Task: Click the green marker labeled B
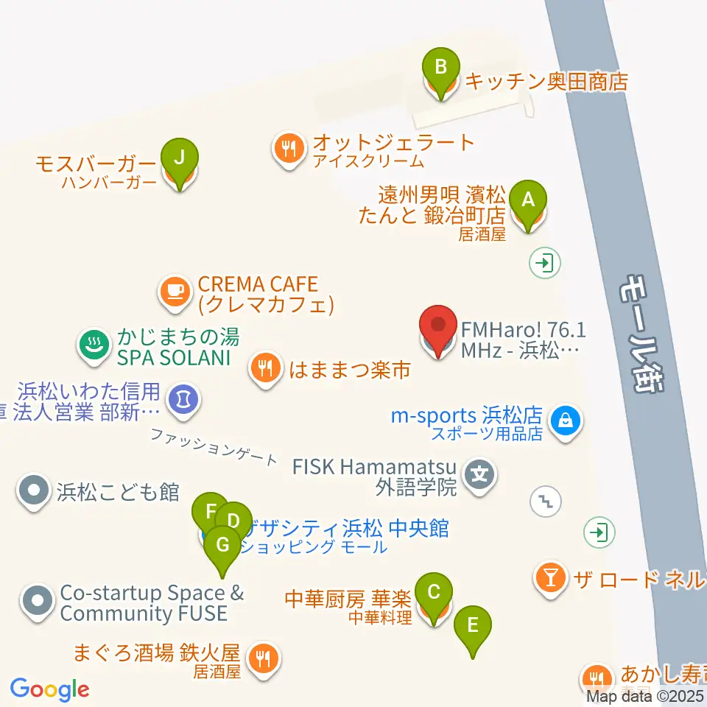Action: tap(440, 68)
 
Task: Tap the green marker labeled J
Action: tap(179, 156)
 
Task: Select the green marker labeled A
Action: tap(527, 199)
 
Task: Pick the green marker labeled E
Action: tap(473, 626)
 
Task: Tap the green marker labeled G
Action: tap(222, 545)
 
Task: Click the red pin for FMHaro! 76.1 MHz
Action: tap(438, 326)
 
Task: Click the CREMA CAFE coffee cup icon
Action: tap(175, 290)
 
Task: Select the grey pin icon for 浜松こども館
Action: tap(34, 490)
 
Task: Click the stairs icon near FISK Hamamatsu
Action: tap(546, 502)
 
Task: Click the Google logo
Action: tap(49, 689)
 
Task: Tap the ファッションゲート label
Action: tap(214, 446)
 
